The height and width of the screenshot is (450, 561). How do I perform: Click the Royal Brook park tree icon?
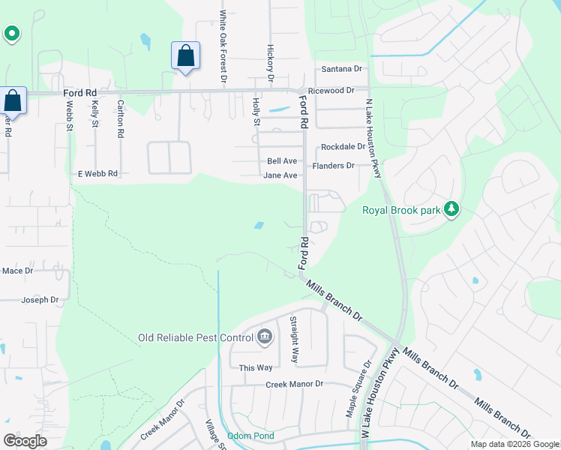click(451, 210)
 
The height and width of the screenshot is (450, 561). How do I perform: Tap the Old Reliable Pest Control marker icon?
click(264, 337)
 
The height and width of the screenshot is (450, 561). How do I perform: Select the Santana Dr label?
click(341, 69)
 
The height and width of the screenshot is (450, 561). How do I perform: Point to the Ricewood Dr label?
click(336, 90)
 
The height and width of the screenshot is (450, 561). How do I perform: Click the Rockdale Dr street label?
click(343, 147)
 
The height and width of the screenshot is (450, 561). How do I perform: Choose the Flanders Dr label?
click(334, 166)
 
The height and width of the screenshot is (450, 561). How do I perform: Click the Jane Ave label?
click(280, 175)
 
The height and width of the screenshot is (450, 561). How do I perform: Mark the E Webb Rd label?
click(98, 173)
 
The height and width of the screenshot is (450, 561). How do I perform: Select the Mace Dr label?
click(18, 271)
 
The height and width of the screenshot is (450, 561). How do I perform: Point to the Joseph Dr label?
click(40, 300)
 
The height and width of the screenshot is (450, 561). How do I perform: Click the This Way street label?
click(256, 367)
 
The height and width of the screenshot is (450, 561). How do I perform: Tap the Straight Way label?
click(295, 340)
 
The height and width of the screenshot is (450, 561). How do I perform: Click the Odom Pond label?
click(251, 436)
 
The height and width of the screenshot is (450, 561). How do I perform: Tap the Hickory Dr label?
click(271, 61)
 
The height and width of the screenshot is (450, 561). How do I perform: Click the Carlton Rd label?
click(119, 118)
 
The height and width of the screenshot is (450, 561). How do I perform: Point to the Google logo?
click(25, 441)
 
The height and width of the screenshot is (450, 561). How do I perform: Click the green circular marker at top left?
click(12, 33)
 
